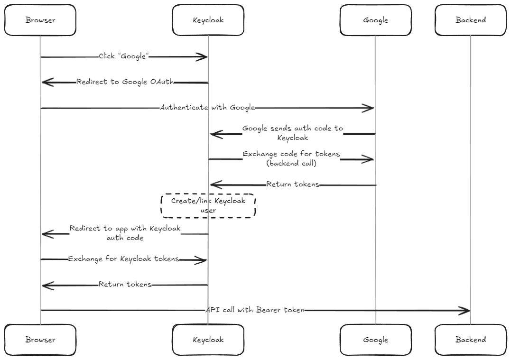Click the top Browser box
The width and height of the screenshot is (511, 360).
(x=40, y=20)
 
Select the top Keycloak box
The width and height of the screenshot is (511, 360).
(x=208, y=20)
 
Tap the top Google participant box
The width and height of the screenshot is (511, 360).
(x=375, y=20)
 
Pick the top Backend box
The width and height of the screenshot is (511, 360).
(x=470, y=20)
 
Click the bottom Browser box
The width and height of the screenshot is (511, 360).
(x=40, y=340)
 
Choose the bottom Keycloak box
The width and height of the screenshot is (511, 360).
(x=208, y=340)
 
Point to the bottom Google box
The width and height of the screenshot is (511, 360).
(x=375, y=340)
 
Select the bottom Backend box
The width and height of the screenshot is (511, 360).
(x=470, y=340)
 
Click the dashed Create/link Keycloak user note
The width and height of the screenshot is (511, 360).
(x=208, y=205)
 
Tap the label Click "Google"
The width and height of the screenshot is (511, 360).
(x=124, y=56)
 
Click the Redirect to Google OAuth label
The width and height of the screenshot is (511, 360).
(x=125, y=82)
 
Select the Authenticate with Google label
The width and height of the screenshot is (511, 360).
(x=207, y=108)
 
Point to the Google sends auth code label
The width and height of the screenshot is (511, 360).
(x=292, y=133)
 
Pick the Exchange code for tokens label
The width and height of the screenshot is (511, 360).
(x=291, y=158)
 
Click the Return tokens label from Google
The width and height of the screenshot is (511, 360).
(x=292, y=184)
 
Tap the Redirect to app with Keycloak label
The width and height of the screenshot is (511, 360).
(x=125, y=233)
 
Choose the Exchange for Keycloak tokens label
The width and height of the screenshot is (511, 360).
(x=123, y=259)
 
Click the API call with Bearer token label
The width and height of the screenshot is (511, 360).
(x=255, y=310)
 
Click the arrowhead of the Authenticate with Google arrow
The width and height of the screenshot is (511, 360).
(x=370, y=108)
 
